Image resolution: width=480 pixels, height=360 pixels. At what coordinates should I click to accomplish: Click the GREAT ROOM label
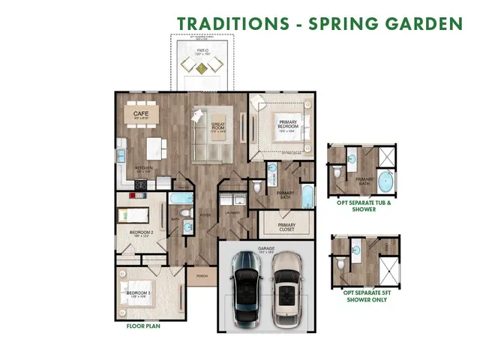click(x=218, y=127)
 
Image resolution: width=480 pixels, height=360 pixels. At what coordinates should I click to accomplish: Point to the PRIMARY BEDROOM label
click(x=288, y=124)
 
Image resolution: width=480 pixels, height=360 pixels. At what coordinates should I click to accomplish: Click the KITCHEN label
click(x=143, y=168)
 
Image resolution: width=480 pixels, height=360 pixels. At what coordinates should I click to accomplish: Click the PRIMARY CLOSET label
click(x=286, y=226)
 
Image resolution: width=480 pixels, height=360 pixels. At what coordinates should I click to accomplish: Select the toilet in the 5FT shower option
click(x=341, y=263)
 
